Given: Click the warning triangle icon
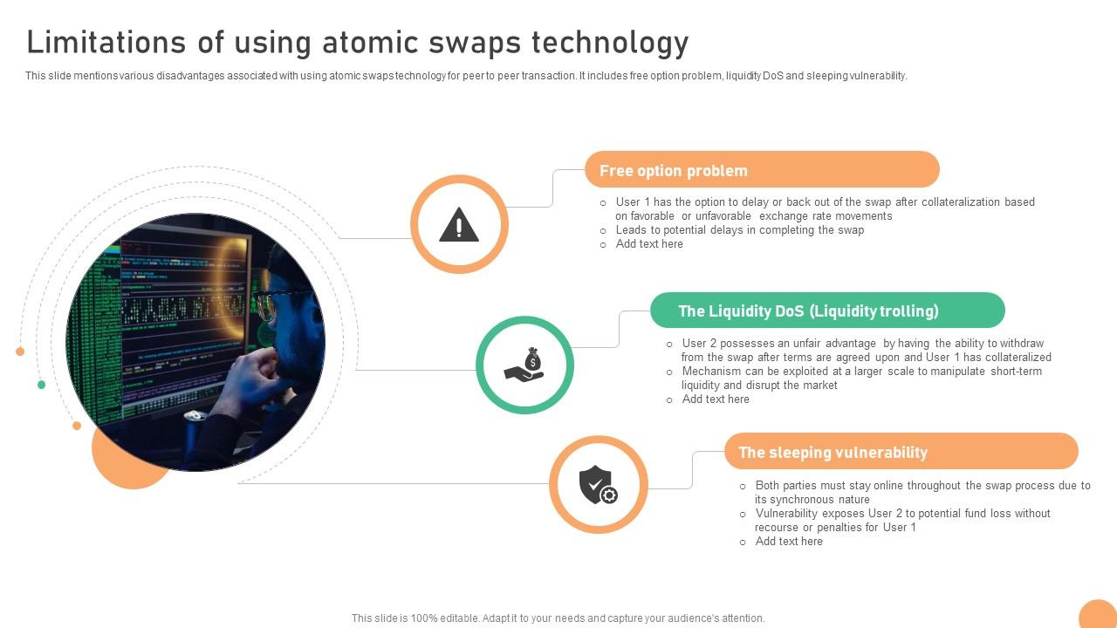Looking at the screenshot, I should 459,225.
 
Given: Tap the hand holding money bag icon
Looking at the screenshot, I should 524,365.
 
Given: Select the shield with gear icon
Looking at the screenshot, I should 598,485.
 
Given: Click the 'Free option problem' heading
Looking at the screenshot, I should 673,171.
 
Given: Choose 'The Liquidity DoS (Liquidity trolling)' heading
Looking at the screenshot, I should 808,311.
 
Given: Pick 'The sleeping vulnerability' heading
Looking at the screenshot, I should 833,453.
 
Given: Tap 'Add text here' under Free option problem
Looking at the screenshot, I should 649,244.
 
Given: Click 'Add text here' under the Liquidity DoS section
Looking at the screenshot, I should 716,399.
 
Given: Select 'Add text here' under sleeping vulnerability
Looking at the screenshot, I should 789,542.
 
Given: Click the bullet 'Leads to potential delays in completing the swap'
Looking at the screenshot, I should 739,230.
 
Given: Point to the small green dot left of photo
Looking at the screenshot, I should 41,385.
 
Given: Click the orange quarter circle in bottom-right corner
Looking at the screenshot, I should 1100,615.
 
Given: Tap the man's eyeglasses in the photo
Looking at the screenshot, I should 265,304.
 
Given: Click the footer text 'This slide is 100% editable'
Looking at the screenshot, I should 558,618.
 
